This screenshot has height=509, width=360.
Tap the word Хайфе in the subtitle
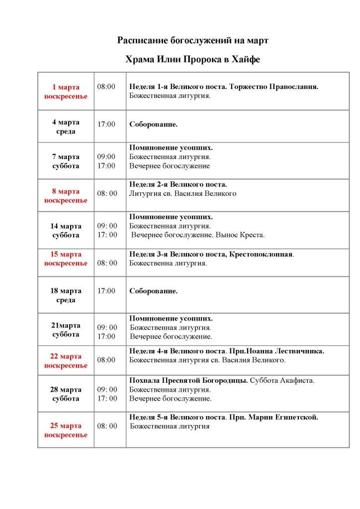[x=246, y=60]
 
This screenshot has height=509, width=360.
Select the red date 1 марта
[x=66, y=87]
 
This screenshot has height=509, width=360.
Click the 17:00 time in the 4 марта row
[x=106, y=124]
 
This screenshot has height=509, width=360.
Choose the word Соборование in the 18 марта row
[x=153, y=291]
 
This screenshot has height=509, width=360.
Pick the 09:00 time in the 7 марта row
[x=106, y=157]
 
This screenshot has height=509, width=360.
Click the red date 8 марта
[x=66, y=191]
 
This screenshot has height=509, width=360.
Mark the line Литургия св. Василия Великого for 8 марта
[x=182, y=193]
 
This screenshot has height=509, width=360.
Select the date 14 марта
[x=66, y=226]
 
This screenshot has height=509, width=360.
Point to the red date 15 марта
[x=66, y=254]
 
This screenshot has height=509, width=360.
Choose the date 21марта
[x=66, y=325]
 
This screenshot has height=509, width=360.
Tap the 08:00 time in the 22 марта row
[x=106, y=359]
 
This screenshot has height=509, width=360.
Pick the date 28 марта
[x=66, y=389]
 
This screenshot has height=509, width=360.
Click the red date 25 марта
[x=66, y=426]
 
